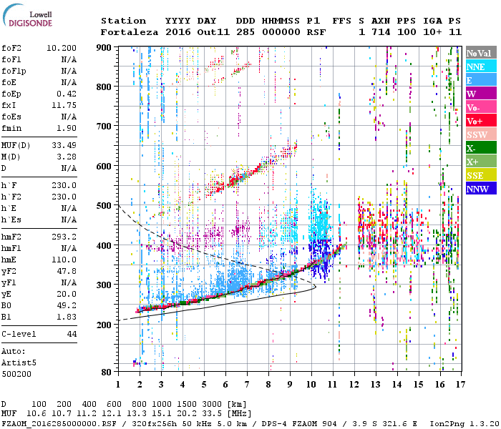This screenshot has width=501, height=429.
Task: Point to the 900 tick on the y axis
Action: pos(105,47)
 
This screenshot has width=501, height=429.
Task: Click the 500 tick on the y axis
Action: pos(105,206)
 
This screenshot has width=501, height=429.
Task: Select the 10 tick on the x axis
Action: pos(311,385)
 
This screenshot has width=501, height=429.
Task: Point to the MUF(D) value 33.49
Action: pos(66,146)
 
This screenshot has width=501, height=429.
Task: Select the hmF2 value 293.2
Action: pos(66,236)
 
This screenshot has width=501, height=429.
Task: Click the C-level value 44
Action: pos(72,335)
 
